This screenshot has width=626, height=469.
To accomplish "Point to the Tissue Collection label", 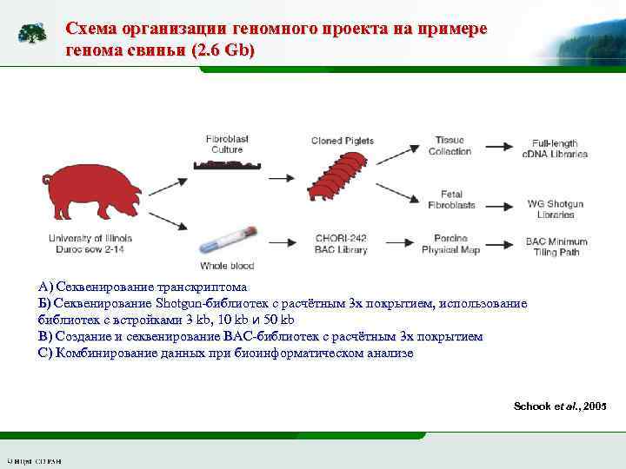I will [450, 145].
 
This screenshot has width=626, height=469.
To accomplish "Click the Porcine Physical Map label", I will [450, 247].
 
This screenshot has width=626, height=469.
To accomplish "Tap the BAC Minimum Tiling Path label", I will [556, 247].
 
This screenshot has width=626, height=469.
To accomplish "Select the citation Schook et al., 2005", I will [560, 406].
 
